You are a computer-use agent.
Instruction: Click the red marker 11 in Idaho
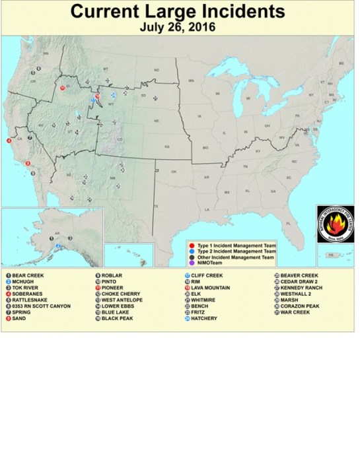click(x=62, y=87)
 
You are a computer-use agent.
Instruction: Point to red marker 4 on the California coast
click(x=9, y=141)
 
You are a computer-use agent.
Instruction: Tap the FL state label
click(x=288, y=224)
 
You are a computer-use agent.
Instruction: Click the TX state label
click(x=156, y=207)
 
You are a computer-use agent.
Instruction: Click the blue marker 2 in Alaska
click(x=58, y=246)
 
